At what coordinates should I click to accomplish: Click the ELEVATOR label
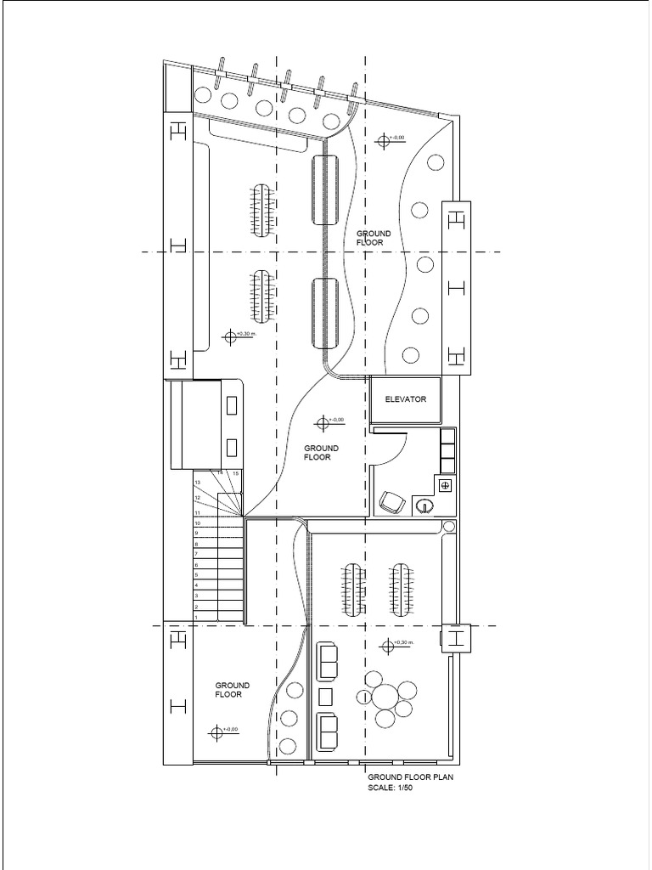405,399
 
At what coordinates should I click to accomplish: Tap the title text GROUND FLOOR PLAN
410,777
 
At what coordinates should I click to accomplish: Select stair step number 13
198,483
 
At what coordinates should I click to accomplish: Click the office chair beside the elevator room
391,502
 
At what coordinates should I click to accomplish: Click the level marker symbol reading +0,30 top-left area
230,336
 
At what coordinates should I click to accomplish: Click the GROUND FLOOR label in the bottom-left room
232,689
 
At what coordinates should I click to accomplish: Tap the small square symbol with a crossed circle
446,485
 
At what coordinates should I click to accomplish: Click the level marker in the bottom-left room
217,731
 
